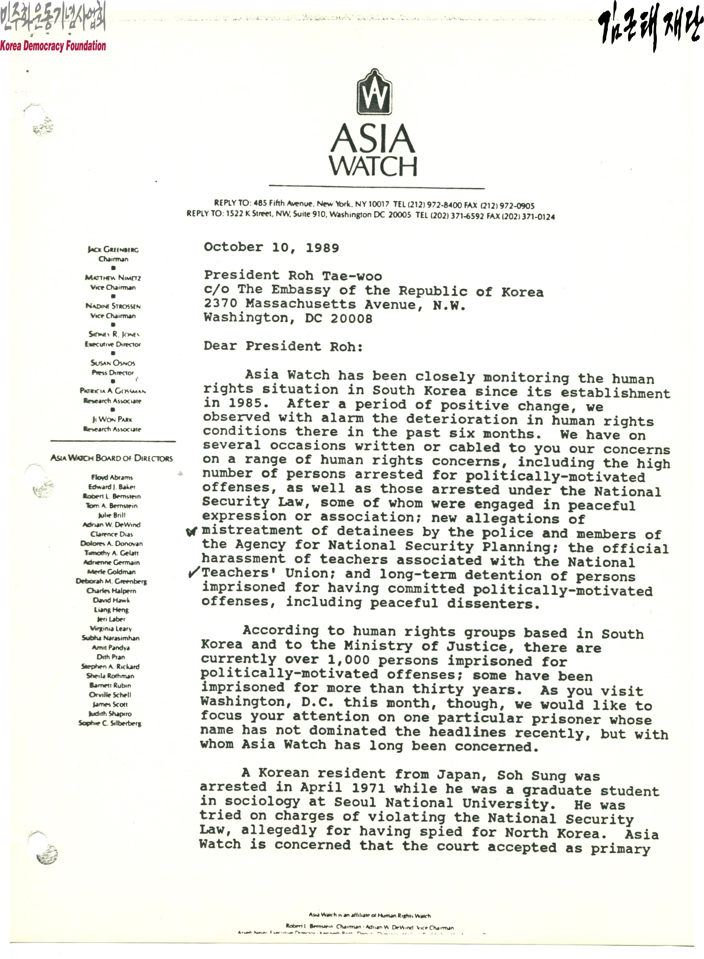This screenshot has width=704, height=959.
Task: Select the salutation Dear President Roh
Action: click(283, 346)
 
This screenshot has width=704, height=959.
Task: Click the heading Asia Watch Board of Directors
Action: click(112, 458)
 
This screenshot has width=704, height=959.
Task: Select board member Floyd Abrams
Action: click(112, 477)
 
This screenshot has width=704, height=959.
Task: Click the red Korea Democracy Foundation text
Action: click(53, 45)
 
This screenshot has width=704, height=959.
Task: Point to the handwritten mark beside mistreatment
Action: click(192, 532)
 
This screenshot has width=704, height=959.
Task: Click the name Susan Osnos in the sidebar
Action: click(113, 363)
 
